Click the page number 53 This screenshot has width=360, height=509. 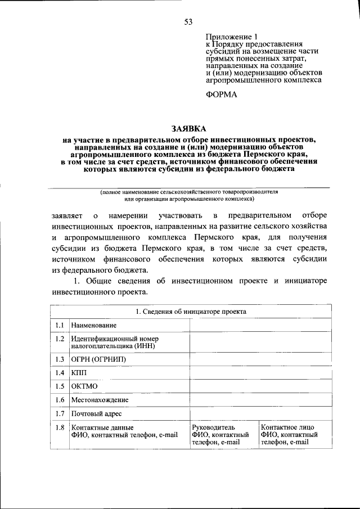[188, 22]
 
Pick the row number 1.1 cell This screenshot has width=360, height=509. [59, 326]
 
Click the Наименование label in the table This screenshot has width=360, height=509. [93, 326]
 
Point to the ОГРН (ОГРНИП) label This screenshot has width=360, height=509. [99, 359]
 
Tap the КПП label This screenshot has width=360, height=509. [79, 373]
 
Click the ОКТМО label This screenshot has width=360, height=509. [84, 386]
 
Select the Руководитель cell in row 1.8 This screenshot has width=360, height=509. [224, 435]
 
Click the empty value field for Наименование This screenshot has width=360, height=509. [259, 326]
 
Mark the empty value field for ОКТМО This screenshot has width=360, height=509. [259, 386]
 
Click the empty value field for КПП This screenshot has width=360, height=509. [259, 373]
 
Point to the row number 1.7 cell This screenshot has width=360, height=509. [59, 414]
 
